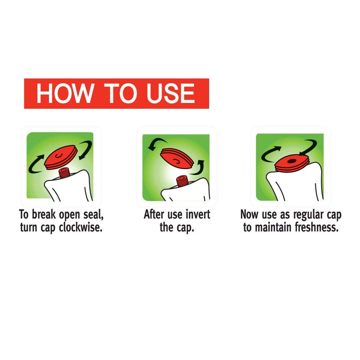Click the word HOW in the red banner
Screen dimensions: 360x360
point(64,94)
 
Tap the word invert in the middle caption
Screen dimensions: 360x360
point(198,215)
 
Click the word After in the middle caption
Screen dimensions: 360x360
point(154,215)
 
